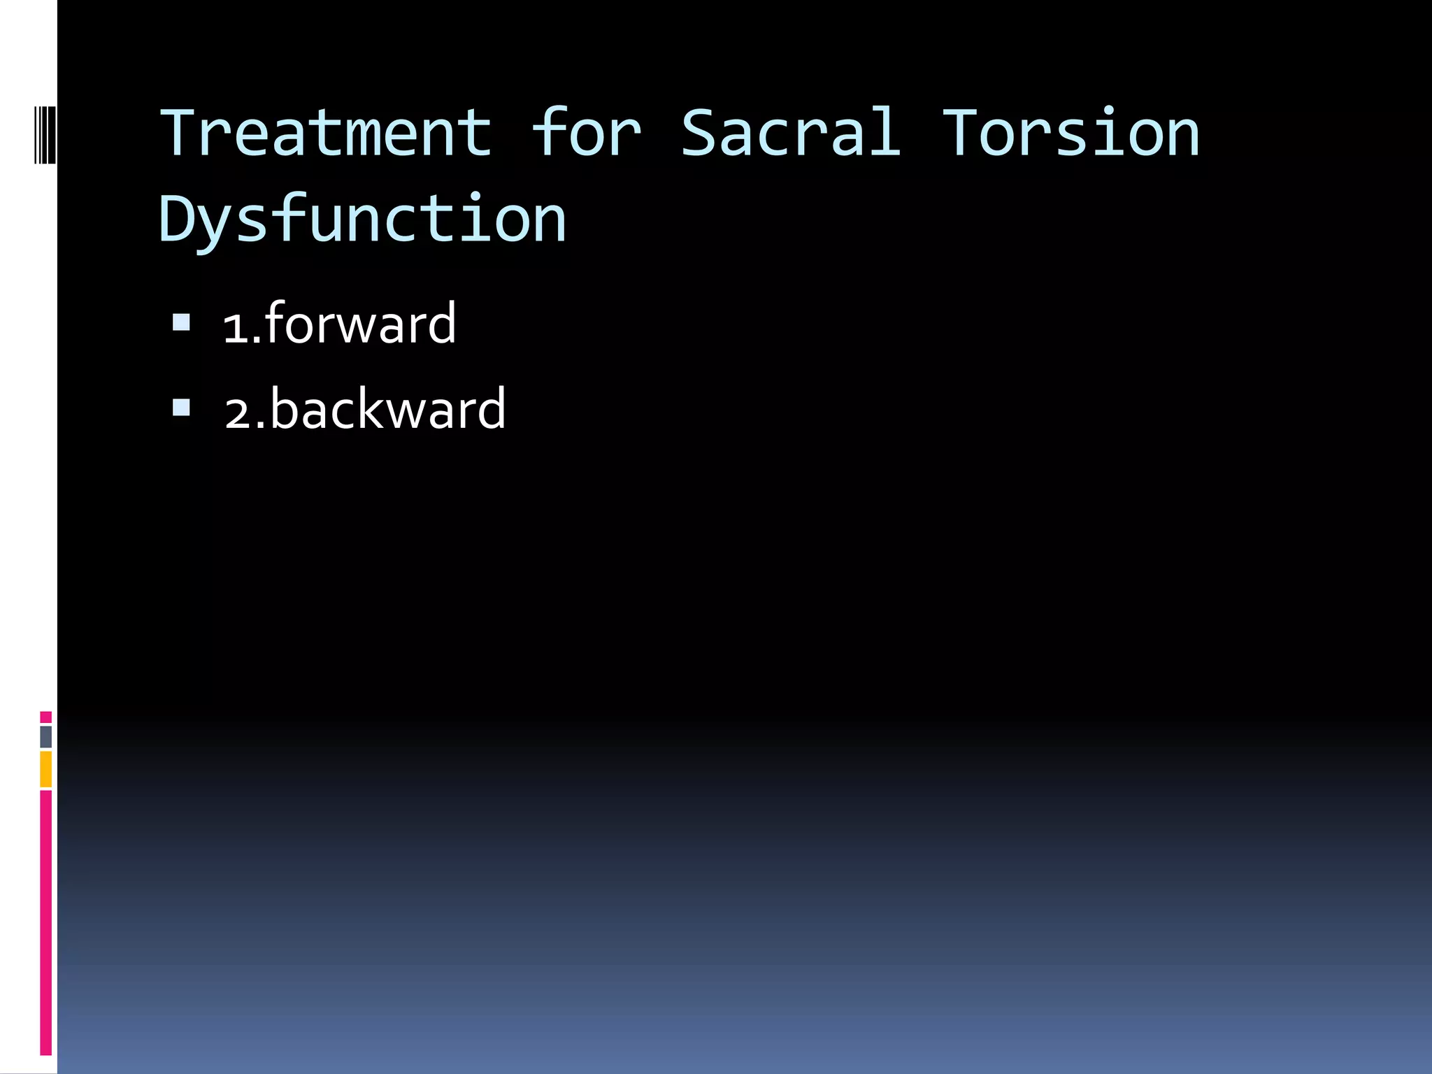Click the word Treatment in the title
(327, 134)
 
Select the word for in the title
(586, 134)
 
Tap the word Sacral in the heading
(791, 134)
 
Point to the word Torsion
(1071, 134)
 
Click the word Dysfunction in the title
(362, 220)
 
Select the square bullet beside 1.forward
(181, 322)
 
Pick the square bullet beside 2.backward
(181, 407)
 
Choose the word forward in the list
(360, 324)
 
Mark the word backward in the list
(387, 409)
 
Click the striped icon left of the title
(45, 134)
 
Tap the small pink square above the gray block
(45, 717)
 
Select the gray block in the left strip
(45, 737)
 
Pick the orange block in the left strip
(45, 769)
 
